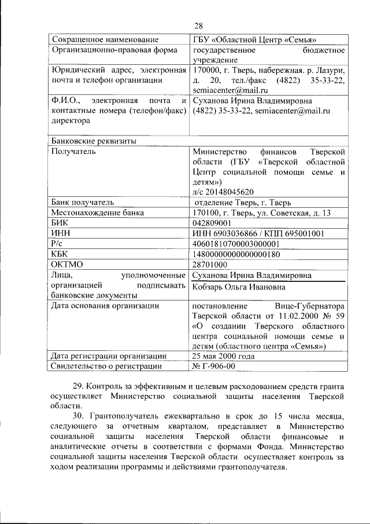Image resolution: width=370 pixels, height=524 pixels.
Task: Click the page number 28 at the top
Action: pyautogui.click(x=198, y=25)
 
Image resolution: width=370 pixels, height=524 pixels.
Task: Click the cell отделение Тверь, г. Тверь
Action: pyautogui.click(x=243, y=203)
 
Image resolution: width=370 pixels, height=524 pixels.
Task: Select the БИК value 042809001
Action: pyautogui.click(x=212, y=223)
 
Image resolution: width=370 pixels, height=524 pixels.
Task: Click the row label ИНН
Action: pyautogui.click(x=61, y=233)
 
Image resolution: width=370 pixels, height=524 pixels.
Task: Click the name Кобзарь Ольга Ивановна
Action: pyautogui.click(x=239, y=287)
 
